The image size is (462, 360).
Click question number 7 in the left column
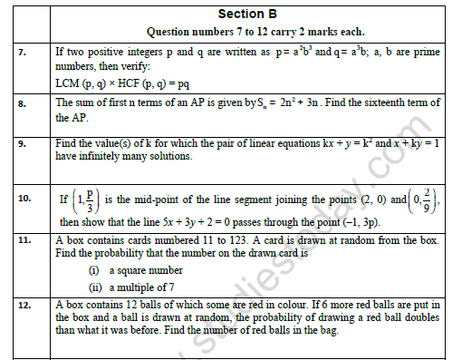click(21, 52)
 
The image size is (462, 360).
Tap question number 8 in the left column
click(21, 105)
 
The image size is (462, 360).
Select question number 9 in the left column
click(21, 143)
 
